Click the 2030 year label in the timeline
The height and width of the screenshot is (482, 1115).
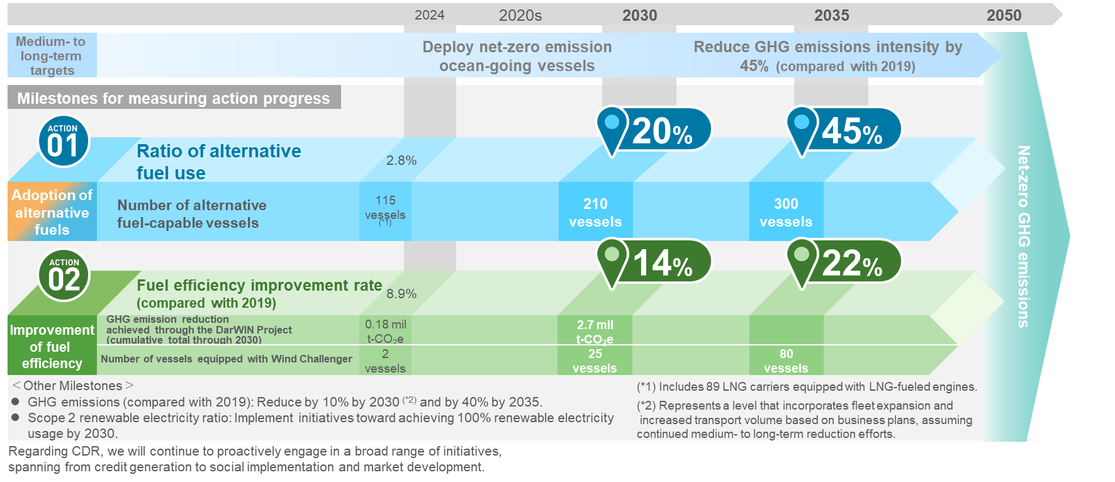[639, 16]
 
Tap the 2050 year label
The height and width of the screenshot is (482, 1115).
[1004, 16]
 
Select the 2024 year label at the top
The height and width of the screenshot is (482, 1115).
[429, 15]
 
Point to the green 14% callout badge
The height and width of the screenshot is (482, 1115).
[654, 261]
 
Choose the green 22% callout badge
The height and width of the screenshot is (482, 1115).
[844, 261]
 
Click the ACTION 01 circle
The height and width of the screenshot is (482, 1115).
[63, 141]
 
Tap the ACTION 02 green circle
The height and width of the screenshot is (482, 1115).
[64, 276]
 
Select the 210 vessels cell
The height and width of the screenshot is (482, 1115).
[595, 212]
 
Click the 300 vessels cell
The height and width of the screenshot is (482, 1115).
[786, 212]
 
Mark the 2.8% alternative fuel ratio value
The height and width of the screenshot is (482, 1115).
[401, 160]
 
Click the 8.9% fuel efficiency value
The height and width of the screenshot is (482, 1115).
[401, 294]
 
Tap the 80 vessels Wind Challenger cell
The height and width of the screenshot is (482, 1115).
[786, 361]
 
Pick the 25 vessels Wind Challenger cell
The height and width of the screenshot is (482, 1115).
[595, 361]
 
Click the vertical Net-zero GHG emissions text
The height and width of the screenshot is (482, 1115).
[1024, 236]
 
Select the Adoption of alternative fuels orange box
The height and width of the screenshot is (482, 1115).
[52, 212]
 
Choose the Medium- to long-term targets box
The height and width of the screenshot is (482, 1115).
[52, 55]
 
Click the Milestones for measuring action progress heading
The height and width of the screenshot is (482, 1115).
[174, 98]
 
